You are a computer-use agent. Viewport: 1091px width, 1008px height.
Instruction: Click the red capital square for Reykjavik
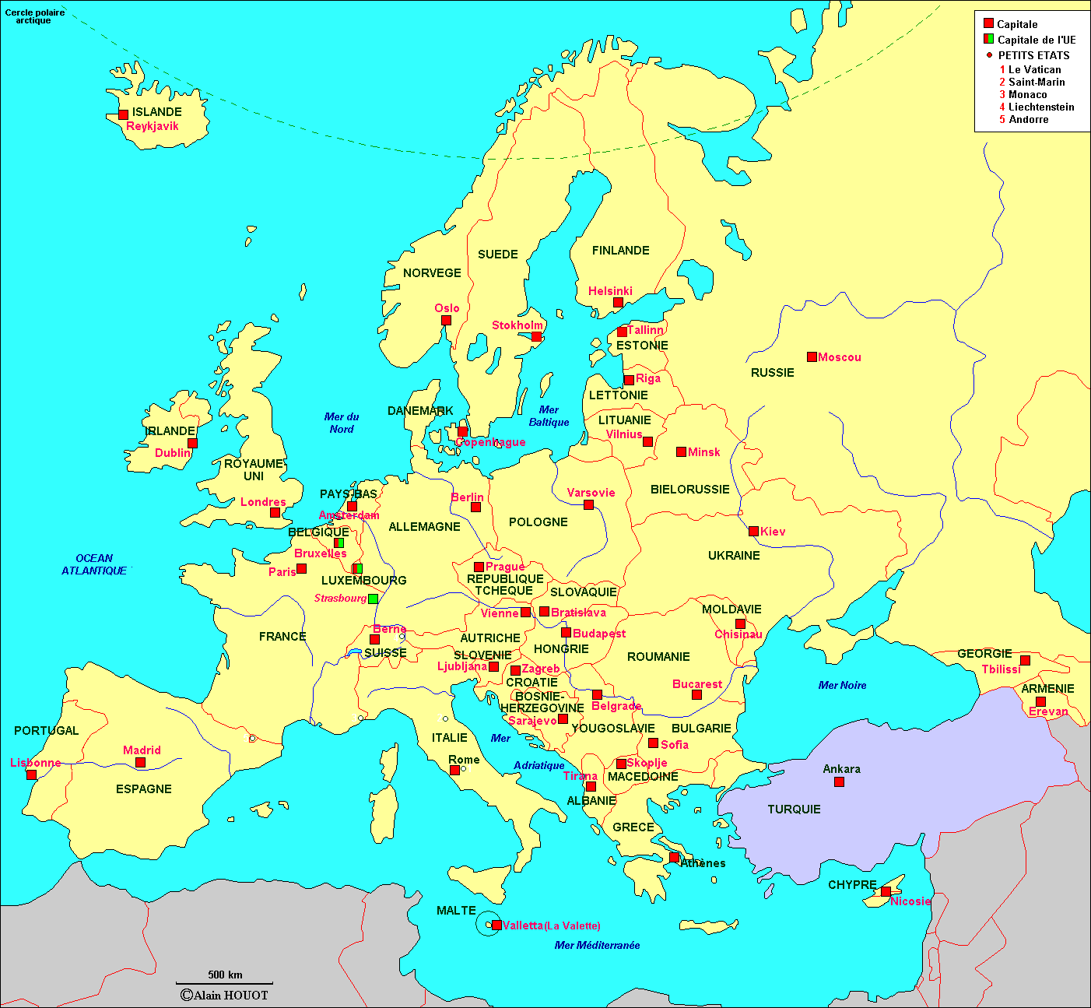click(123, 114)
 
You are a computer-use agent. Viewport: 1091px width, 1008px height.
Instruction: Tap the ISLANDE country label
click(156, 112)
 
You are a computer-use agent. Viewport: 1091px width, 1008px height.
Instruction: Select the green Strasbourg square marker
click(373, 599)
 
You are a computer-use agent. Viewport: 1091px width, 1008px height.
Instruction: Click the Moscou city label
click(839, 357)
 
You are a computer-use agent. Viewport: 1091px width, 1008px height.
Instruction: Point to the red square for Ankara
click(839, 781)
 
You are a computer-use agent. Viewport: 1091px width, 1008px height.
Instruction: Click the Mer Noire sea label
click(842, 686)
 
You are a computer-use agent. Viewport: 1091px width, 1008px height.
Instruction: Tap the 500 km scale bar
click(224, 983)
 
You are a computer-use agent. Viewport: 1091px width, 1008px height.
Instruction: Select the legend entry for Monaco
click(1027, 94)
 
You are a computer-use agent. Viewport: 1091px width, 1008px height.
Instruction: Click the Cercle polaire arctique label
click(34, 16)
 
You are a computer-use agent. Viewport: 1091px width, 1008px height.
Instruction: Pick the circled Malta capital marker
click(496, 925)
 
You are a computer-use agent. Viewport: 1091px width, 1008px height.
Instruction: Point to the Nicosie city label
click(910, 901)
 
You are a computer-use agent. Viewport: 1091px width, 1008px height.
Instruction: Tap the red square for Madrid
click(140, 762)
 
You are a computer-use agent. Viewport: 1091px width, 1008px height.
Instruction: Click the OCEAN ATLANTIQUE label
click(94, 564)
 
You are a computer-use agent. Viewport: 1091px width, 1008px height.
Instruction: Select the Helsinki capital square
click(617, 302)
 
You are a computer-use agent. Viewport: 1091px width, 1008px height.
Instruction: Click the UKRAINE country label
click(733, 556)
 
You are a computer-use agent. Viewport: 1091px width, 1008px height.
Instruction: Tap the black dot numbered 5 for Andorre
click(252, 738)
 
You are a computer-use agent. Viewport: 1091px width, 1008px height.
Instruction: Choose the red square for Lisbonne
click(31, 774)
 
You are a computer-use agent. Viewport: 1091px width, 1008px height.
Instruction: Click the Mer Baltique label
click(549, 416)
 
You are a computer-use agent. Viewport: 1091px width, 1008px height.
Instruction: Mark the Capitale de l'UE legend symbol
click(988, 39)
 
